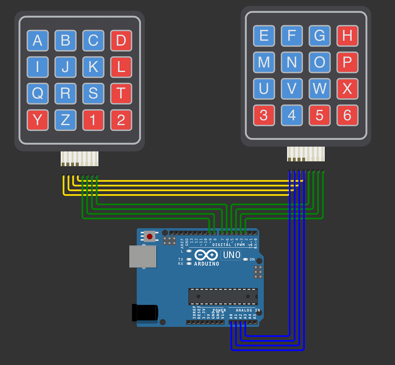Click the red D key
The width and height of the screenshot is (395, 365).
[121, 40]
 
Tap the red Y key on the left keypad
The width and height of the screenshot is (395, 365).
[38, 120]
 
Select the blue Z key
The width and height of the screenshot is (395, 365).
[65, 120]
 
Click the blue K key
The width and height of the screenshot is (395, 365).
[93, 67]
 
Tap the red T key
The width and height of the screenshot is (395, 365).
[121, 93]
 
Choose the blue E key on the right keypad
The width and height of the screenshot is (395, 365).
[264, 36]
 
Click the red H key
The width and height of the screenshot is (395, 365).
[347, 36]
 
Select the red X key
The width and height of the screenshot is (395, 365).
[347, 89]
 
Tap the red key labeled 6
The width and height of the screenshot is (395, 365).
[347, 115]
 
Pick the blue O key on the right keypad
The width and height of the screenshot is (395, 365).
[319, 62]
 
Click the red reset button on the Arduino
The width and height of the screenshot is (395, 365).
[149, 237]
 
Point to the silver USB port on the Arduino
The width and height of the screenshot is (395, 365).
[143, 256]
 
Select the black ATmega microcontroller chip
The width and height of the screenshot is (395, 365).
[223, 296]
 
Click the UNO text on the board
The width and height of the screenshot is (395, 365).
[232, 255]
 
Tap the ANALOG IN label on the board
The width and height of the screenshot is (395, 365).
[248, 310]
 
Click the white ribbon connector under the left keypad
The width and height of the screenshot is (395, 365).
[80, 158]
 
